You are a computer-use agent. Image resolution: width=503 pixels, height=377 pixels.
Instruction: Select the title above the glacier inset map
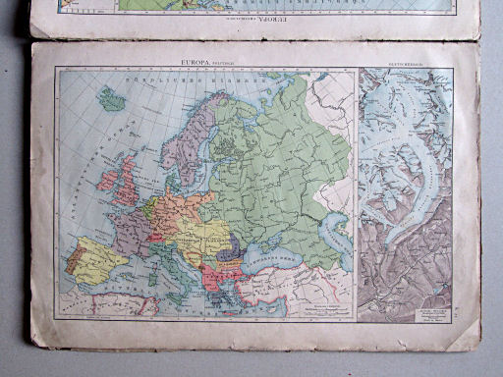pos(405,69)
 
